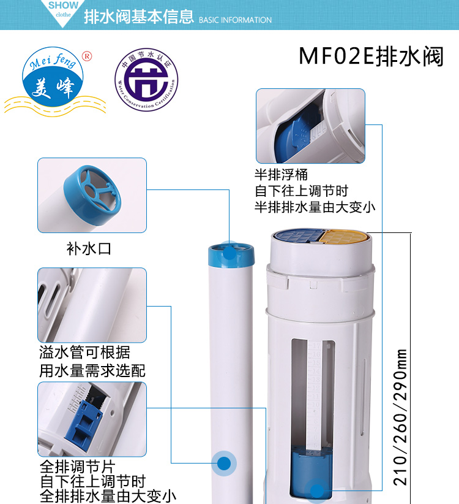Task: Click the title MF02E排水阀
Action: pos(371,56)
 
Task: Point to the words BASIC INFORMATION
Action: pos(236,20)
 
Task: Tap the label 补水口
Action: pos(89,248)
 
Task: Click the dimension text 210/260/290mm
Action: pos(401,417)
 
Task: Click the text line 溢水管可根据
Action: pos(85,353)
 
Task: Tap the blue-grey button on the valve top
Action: pos(297,235)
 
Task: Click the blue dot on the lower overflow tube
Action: pos(224,464)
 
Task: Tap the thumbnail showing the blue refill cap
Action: pos(92,196)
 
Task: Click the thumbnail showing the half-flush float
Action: pos(310,125)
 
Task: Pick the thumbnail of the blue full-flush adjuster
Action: pos(92,419)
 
